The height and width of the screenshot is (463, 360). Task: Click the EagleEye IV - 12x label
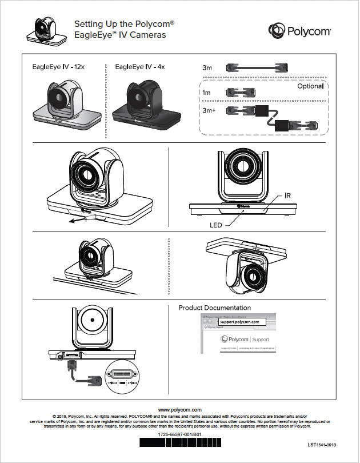click(x=58, y=67)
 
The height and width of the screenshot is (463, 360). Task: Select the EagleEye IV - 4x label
click(x=140, y=67)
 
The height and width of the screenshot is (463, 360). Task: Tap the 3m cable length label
click(x=207, y=68)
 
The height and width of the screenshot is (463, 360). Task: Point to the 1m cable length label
click(x=206, y=92)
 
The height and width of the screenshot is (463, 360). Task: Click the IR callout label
click(x=289, y=195)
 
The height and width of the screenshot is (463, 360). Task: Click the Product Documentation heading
click(x=214, y=308)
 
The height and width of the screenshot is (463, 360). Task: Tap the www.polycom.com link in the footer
click(x=180, y=410)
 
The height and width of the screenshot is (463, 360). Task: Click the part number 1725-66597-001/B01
click(x=180, y=435)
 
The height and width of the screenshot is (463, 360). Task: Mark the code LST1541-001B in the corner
click(x=321, y=445)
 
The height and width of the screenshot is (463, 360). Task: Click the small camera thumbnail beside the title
click(x=45, y=30)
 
